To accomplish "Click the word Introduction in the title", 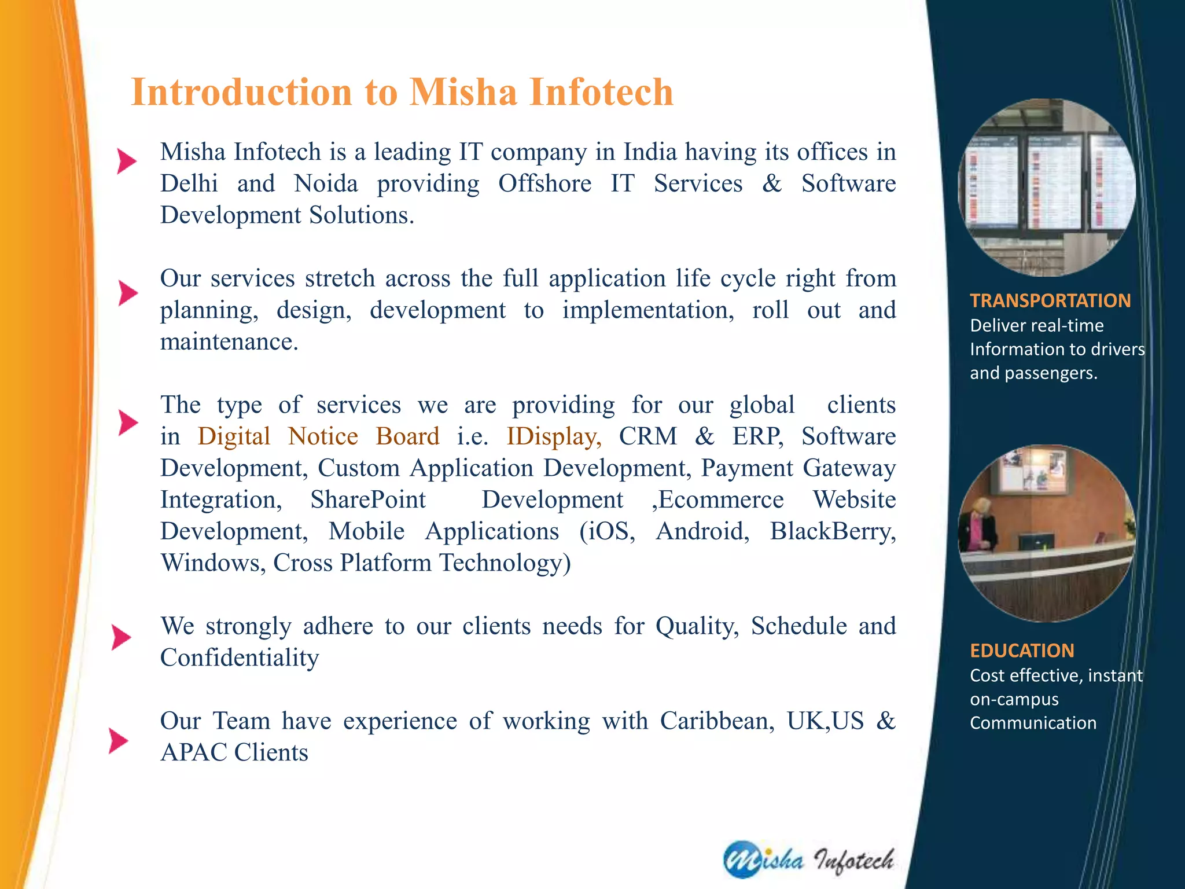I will click(241, 93).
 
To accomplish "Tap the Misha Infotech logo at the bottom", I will click(808, 859).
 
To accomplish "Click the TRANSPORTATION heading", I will click(1050, 301).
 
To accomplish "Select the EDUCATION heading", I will click(1022, 651).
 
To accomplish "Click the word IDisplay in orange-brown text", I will click(554, 437).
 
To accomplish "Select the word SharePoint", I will click(368, 500).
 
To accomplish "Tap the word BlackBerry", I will click(832, 532).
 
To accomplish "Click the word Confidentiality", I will click(239, 658).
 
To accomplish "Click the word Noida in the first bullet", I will click(326, 184).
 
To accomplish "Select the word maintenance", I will click(229, 342).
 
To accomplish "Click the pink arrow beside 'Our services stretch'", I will click(127, 293).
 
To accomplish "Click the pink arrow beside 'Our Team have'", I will click(118, 741).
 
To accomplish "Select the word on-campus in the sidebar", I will click(1014, 699).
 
